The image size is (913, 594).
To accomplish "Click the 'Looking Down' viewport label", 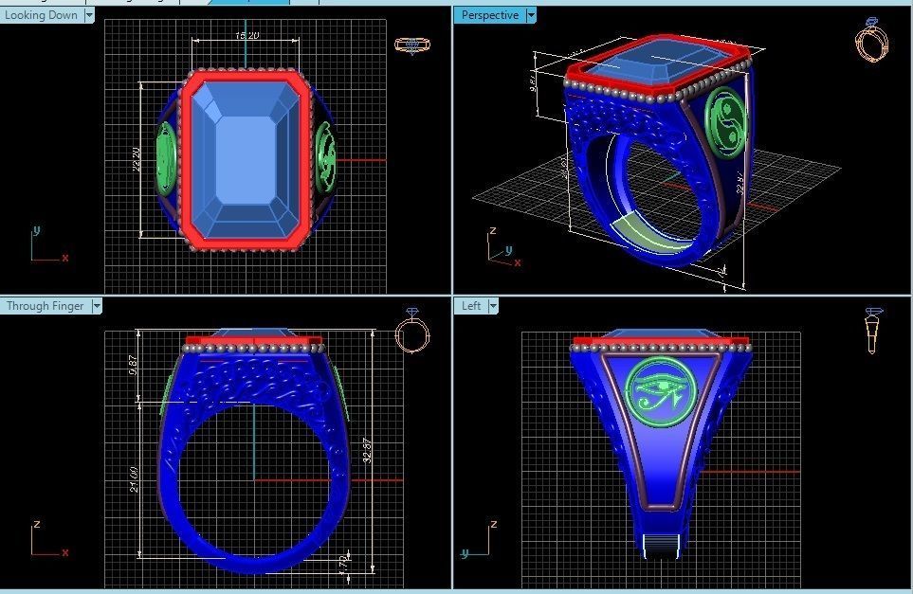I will coord(42,15).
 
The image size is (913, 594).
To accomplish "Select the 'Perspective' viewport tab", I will coord(489,15).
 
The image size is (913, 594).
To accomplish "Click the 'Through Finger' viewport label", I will coord(45,306).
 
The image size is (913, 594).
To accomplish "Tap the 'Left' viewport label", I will coord(471,306).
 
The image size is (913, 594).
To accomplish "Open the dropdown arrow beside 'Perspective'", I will coord(531,15).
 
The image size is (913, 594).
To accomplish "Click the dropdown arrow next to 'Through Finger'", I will coord(97,306).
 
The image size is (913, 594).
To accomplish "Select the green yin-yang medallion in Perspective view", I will coord(727,118).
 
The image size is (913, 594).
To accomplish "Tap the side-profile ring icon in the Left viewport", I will coord(873,330).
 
